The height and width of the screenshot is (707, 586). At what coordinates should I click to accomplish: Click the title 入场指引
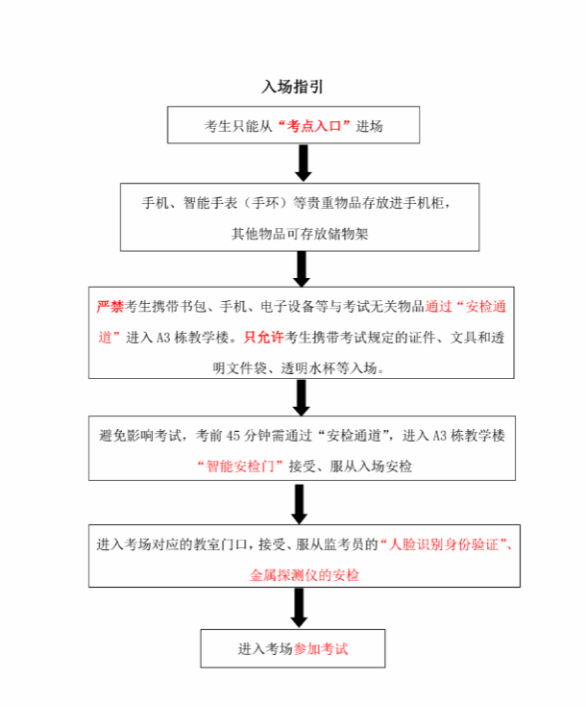point(293,87)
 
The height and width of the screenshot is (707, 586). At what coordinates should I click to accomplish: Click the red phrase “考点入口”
point(314,126)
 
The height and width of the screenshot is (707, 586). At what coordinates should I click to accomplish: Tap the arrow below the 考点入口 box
point(304,164)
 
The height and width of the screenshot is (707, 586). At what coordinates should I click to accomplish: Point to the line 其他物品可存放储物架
point(300,234)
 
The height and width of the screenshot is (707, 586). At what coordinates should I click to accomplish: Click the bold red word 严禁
point(110,307)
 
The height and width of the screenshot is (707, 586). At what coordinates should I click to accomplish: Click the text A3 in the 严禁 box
point(163,338)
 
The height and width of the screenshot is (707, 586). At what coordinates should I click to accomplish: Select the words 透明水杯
point(307,368)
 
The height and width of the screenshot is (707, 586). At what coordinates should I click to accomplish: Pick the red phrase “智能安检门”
point(240,466)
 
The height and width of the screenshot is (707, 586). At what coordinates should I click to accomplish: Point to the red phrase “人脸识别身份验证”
point(444,544)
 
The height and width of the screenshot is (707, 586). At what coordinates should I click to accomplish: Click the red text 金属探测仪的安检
point(305,575)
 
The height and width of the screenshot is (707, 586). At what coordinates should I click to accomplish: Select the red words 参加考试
point(321,649)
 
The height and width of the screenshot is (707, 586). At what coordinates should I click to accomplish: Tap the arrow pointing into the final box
point(299,608)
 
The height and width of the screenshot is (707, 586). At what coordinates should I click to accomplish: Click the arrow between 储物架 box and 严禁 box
point(302,269)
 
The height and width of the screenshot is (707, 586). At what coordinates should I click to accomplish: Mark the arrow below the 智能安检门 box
point(300,504)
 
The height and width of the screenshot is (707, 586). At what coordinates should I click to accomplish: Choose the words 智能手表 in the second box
point(210,203)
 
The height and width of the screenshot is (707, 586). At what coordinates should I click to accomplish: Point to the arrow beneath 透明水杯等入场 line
point(301,397)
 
